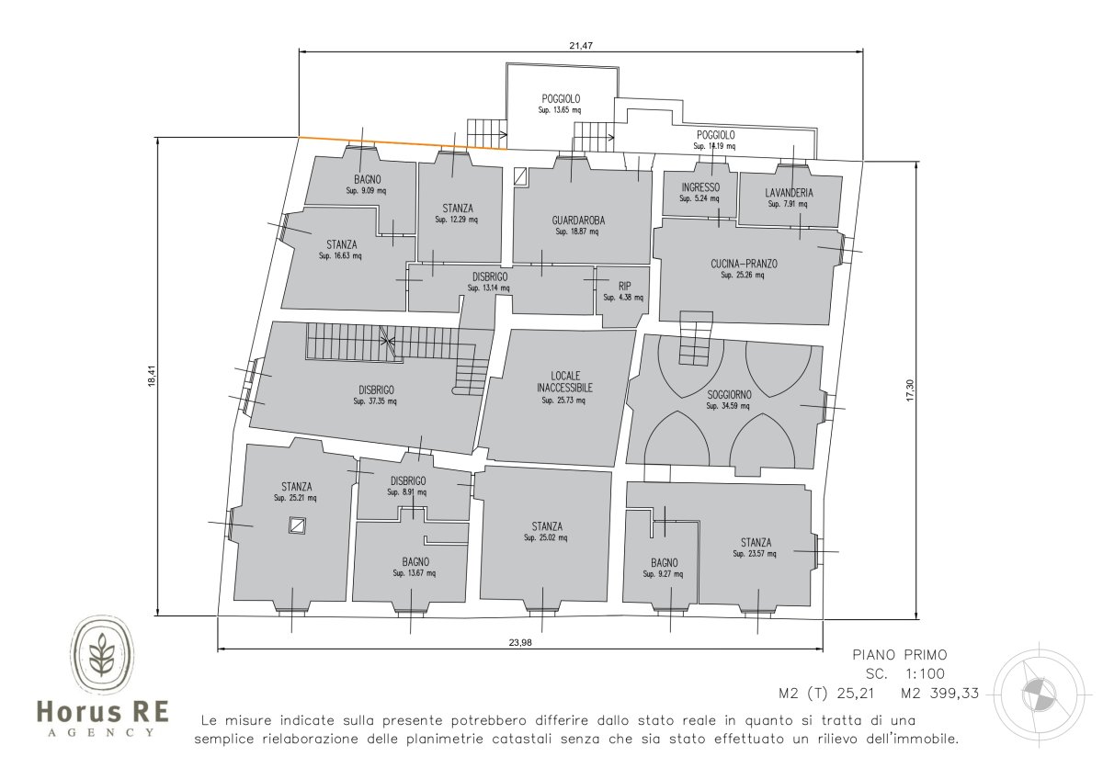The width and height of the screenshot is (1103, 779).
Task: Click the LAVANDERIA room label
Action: pos(789,193)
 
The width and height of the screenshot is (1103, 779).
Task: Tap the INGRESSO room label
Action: pos(700,187)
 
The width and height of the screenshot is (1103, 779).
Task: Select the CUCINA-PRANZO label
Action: pos(744,264)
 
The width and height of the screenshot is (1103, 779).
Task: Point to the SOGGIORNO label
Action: pos(729,395)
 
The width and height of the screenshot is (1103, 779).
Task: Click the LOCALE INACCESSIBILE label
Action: pos(564,382)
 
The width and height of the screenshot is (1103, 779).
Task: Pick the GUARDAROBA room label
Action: pos(578,220)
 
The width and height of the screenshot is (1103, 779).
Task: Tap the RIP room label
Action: pos(624,286)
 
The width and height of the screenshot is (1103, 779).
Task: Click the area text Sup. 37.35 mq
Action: pos(375,401)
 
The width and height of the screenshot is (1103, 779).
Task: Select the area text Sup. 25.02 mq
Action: pos(546,538)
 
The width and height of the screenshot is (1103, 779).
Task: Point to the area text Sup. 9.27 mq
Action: pos(663,574)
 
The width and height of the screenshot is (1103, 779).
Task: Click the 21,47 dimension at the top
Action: pos(581,46)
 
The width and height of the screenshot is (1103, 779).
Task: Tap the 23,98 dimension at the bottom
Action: pos(520,642)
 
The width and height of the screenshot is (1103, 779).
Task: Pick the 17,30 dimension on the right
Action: pos(909,389)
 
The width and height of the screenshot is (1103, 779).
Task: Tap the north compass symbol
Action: pos(1032,694)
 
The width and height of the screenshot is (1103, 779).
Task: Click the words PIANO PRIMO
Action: pos(900,655)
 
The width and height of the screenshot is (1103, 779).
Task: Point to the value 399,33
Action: pos(954,694)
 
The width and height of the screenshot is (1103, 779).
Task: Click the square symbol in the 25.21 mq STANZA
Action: pos(297,525)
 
